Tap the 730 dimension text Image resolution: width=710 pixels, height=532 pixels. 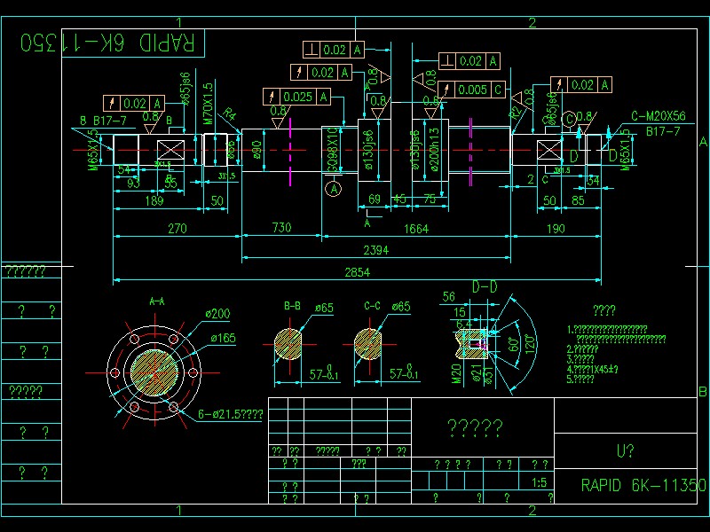click(281, 229)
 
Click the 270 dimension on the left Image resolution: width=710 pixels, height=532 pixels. click(177, 229)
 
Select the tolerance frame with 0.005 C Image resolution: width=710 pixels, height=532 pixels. click(471, 90)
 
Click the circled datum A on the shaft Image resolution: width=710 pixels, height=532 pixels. click(334, 188)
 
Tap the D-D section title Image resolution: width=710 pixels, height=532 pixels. click(485, 286)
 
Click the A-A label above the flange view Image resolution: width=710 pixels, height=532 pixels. click(157, 301)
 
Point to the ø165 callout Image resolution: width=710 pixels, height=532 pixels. click(223, 338)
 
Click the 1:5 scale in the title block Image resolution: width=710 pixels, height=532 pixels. click(539, 483)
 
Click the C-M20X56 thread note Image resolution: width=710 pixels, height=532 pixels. click(659, 116)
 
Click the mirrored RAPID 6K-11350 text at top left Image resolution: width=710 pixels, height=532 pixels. click(109, 42)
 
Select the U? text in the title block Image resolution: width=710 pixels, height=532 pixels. click(625, 450)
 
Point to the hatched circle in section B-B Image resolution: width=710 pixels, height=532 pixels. click(292, 344)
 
